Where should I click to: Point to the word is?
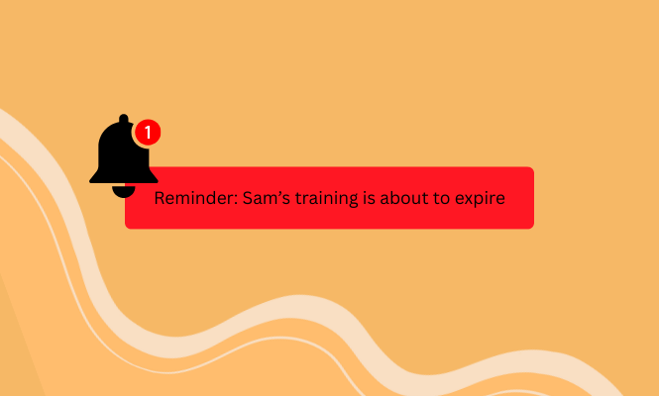(x=369, y=198)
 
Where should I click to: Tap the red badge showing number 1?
(x=148, y=133)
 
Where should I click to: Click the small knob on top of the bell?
(x=124, y=119)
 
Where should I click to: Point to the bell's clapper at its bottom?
(x=124, y=191)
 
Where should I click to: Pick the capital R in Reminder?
(x=159, y=198)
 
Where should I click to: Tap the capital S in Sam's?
(x=247, y=198)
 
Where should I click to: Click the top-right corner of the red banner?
(x=534, y=167)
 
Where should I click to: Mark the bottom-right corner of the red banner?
(x=534, y=229)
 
